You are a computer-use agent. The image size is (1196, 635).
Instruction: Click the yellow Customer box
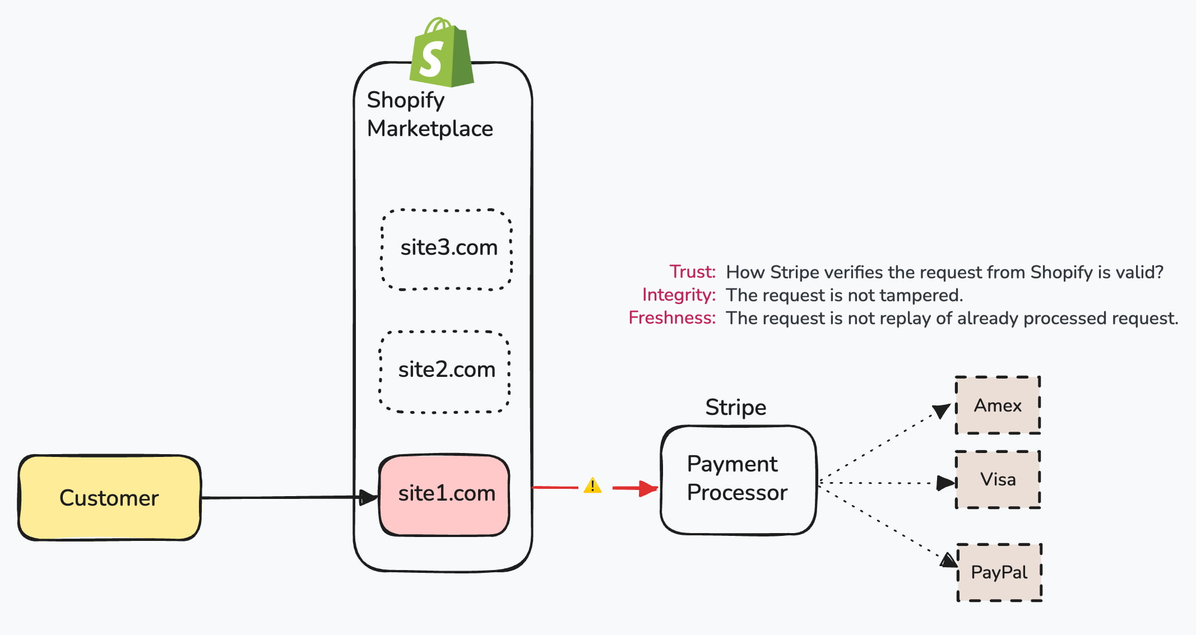pyautogui.click(x=109, y=498)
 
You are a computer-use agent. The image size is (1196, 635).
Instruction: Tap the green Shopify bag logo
pyautogui.click(x=442, y=54)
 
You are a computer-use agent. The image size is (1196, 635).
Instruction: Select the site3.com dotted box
pyautogui.click(x=447, y=249)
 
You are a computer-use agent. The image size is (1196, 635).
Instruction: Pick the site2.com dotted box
pyautogui.click(x=445, y=371)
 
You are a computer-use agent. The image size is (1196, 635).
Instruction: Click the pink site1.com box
pyautogui.click(x=445, y=494)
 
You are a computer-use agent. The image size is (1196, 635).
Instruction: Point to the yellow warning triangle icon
pyautogui.click(x=592, y=486)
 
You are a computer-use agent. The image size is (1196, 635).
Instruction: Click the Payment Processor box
pyautogui.click(x=738, y=480)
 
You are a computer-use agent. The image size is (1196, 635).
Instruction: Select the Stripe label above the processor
pyautogui.click(x=735, y=407)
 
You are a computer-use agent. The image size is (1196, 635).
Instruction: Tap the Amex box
pyautogui.click(x=998, y=405)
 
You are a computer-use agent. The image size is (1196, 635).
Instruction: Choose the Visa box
pyautogui.click(x=998, y=480)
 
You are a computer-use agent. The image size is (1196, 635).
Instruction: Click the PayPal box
pyautogui.click(x=999, y=572)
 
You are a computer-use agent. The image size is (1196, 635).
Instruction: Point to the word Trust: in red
pyautogui.click(x=692, y=272)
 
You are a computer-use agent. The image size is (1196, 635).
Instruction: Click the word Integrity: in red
pyautogui.click(x=679, y=295)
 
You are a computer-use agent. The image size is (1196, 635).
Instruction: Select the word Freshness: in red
pyautogui.click(x=671, y=317)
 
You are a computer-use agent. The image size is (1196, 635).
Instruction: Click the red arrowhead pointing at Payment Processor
pyautogui.click(x=649, y=488)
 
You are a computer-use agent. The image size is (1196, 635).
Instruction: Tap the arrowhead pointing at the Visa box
pyautogui.click(x=946, y=483)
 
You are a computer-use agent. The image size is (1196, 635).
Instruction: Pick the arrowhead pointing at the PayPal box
pyautogui.click(x=948, y=560)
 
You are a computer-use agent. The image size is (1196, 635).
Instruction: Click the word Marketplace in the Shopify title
pyautogui.click(x=430, y=129)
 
